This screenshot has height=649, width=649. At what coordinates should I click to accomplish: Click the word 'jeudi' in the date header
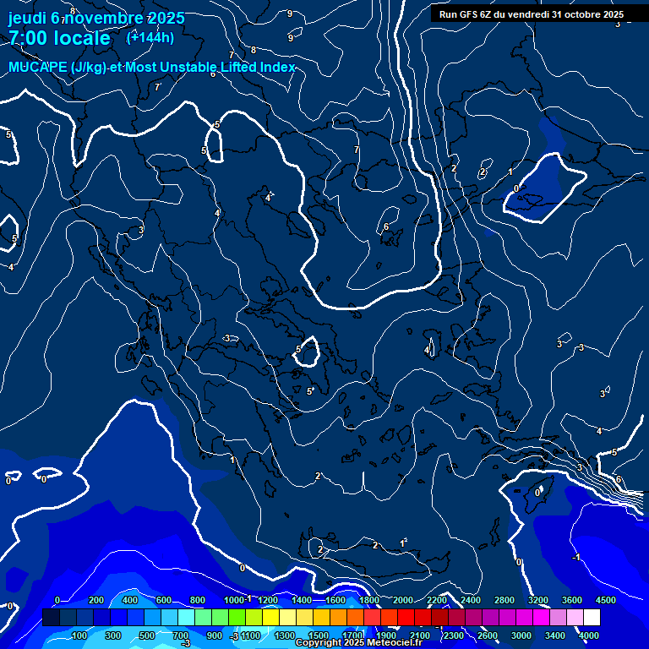27,18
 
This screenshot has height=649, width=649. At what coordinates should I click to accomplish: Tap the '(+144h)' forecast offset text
150,37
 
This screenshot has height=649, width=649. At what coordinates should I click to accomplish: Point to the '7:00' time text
26,38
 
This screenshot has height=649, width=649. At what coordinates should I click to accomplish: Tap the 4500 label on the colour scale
606,600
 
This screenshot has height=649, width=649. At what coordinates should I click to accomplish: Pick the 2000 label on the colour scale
403,600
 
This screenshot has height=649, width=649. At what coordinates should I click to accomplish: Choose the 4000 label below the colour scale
590,635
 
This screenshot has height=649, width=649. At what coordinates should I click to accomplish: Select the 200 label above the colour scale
95,600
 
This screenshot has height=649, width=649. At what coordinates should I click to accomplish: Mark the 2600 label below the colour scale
488,635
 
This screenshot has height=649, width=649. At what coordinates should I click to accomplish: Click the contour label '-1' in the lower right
575,557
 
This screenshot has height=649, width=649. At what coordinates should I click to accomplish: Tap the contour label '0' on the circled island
537,492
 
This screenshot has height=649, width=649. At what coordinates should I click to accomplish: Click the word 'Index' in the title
278,68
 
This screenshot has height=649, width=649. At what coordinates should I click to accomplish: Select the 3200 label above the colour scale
538,600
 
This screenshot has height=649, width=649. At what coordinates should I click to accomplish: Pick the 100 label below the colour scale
79,635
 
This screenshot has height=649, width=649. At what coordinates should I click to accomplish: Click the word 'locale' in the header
81,38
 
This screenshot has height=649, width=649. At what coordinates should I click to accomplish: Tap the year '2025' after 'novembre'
166,18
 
